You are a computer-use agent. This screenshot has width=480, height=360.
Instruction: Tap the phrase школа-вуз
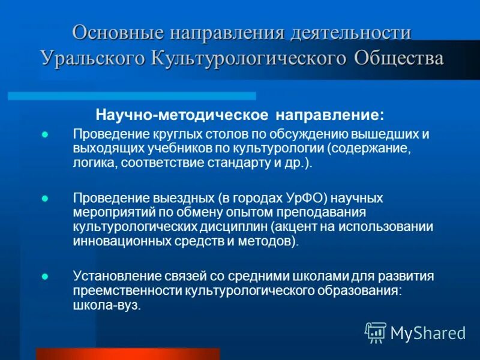coord(107,305)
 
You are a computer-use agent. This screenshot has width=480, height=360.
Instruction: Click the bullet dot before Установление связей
coord(44,276)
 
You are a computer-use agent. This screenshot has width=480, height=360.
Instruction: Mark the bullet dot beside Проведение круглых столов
coord(44,134)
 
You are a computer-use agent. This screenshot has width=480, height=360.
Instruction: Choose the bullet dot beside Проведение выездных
coord(44,198)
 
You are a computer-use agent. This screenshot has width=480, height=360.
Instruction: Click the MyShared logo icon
coord(376,332)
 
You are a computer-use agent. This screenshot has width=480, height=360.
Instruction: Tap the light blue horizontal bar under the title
coord(132,96)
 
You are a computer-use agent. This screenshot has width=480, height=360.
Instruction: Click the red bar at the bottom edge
coord(128,353)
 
